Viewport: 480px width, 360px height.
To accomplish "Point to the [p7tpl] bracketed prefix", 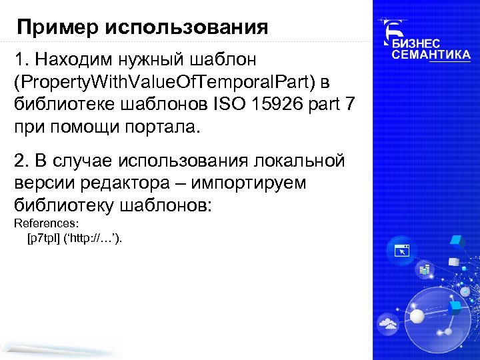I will [x=44, y=239].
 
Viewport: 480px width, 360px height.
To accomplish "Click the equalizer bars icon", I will [x=423, y=269].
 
